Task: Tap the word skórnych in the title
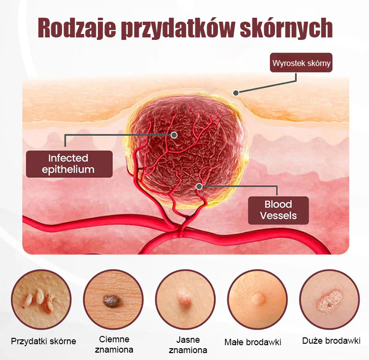[286, 28]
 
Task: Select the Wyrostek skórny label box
[301, 63]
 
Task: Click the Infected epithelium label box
[69, 164]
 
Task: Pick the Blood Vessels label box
[278, 210]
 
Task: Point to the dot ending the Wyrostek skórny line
[236, 93]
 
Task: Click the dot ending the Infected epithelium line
[174, 135]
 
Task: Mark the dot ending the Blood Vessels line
[199, 186]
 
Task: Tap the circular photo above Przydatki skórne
[41, 299]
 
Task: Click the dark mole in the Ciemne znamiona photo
[111, 301]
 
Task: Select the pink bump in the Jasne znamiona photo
[185, 300]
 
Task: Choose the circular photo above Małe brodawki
[257, 299]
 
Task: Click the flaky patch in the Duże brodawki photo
[329, 300]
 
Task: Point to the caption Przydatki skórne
[43, 341]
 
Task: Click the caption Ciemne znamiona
[114, 344]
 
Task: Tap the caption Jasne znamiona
[188, 345]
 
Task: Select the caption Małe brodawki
[253, 342]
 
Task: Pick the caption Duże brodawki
[331, 341]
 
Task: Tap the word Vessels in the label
[278, 216]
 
